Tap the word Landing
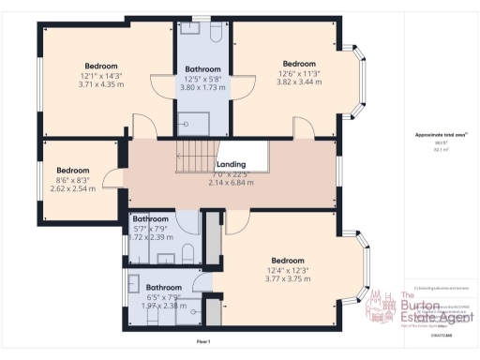[231, 164]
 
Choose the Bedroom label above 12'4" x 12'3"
[287, 260]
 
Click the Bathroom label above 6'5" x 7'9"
[163, 287]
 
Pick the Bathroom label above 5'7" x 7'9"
[152, 217]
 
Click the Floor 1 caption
[202, 342]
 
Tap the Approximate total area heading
[435, 135]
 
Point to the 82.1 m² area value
[435, 150]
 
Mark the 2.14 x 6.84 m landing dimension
[232, 183]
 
